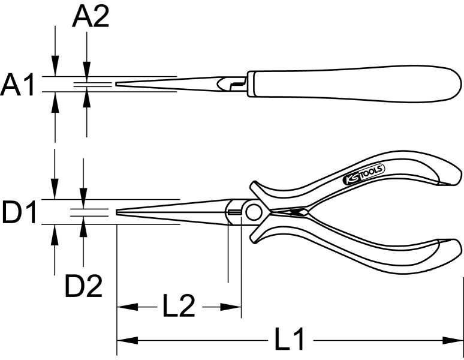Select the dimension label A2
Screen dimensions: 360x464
tap(91, 17)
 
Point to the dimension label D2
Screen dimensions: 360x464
tap(83, 287)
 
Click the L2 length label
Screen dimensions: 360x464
tap(179, 307)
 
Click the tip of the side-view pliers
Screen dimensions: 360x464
tap(117, 85)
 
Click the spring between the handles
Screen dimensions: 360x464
tap(293, 213)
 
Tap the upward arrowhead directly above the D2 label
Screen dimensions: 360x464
tap(83, 227)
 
